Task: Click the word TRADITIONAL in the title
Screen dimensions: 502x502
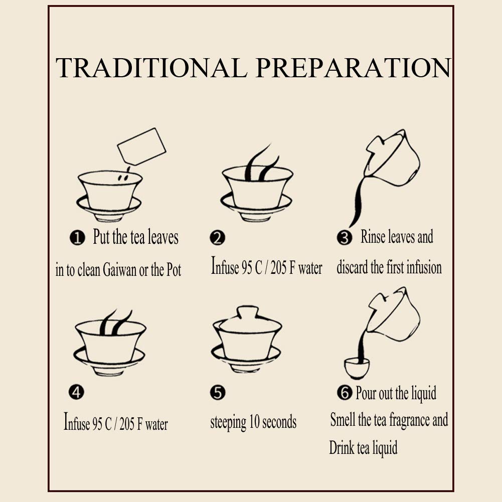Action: click(x=151, y=68)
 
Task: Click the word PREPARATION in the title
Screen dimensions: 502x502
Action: click(x=354, y=68)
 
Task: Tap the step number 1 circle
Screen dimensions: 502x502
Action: click(x=77, y=238)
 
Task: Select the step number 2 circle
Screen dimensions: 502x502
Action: click(x=217, y=238)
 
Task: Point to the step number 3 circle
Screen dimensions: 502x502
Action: click(x=345, y=238)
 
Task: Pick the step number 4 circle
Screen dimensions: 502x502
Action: click(x=76, y=392)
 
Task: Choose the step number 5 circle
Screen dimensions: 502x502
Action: click(x=218, y=393)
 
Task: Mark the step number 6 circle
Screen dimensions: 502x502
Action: click(x=345, y=392)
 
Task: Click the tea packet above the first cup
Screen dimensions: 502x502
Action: click(x=142, y=146)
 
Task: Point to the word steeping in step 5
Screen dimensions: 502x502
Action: click(x=228, y=423)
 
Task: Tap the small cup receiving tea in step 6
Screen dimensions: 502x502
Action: click(x=357, y=368)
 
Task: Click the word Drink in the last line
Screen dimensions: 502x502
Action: click(x=342, y=447)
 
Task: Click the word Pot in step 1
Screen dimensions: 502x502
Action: click(x=174, y=270)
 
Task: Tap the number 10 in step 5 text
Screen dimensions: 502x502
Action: click(x=254, y=422)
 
